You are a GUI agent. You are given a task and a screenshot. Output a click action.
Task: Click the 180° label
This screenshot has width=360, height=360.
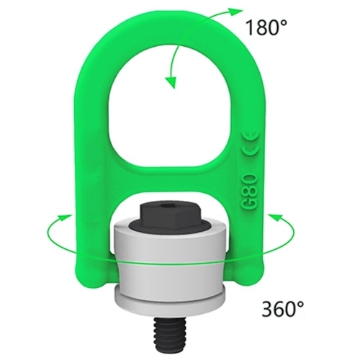[266, 27]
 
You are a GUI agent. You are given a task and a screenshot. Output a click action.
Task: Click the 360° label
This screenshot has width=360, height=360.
[283, 308]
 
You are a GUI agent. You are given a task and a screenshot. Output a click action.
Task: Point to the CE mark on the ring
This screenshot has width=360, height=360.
[251, 144]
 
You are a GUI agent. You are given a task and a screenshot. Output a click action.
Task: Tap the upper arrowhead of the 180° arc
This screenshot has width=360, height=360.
[235, 12]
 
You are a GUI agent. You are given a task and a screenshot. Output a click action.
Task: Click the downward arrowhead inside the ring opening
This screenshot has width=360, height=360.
[171, 83]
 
